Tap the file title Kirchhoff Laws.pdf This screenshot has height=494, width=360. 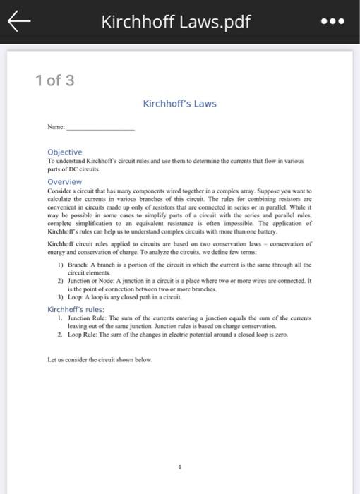point(175,22)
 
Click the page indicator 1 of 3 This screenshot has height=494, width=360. point(54,80)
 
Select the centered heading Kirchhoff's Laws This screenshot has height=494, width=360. point(179,104)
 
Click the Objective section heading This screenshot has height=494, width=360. point(64,152)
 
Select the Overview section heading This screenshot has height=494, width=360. point(64,181)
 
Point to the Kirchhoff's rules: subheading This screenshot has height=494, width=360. point(76,309)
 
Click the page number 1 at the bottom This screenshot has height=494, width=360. point(180,466)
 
